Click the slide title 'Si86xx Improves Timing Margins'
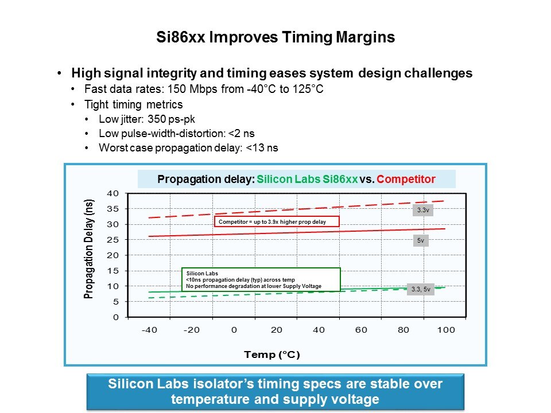coord(275,38)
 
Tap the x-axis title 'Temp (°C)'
coord(272,354)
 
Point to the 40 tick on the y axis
coord(112,193)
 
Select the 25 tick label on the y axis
coord(112,240)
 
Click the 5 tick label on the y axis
coord(115,301)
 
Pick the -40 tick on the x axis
coord(149,330)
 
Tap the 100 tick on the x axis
coord(446,330)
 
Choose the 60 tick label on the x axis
coord(361,330)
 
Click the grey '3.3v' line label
coord(422,211)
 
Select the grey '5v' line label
coord(420,241)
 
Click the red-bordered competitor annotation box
coord(277,221)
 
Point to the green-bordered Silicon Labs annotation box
coord(261,279)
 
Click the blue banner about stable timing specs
coord(275,392)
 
